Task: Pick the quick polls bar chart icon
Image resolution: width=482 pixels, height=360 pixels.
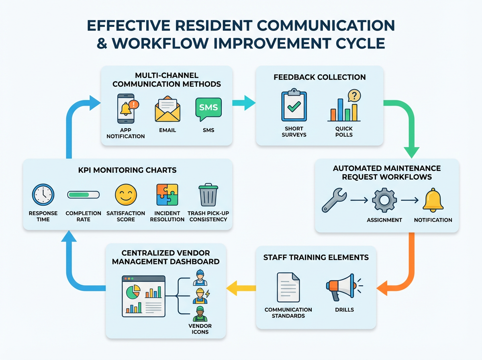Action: coord(344,106)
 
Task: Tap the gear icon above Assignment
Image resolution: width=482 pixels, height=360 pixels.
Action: coord(384,199)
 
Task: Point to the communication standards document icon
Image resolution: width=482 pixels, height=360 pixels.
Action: coord(288,287)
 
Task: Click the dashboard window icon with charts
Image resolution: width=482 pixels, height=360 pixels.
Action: coord(143,295)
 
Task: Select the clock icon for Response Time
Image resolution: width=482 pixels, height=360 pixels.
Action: coord(43,195)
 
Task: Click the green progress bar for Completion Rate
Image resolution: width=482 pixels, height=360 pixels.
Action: coord(83,195)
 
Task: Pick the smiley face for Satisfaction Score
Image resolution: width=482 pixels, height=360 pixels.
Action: coord(126,195)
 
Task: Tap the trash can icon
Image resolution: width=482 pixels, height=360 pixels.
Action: coord(208,195)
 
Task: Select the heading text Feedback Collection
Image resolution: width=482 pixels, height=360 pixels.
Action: coord(320,77)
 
